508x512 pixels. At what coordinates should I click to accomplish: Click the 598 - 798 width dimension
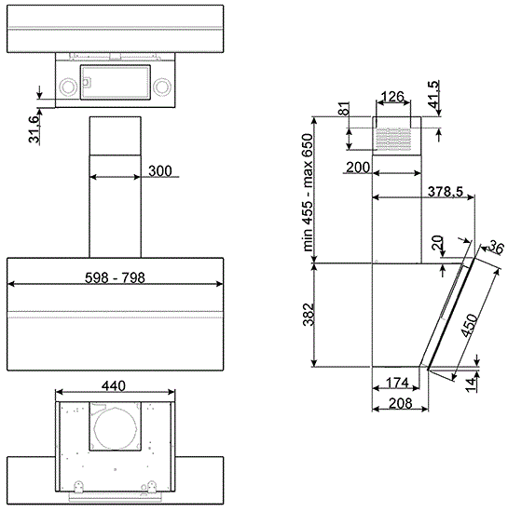(x=115, y=278)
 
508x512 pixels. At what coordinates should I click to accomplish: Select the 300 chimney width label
(x=159, y=171)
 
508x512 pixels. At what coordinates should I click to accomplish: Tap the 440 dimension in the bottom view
(x=114, y=386)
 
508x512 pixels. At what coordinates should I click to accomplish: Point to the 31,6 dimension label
(x=34, y=129)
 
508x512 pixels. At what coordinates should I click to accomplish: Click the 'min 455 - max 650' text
(x=308, y=193)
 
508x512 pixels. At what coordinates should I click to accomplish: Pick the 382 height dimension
(x=309, y=315)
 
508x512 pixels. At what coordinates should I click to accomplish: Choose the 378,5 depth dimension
(x=446, y=192)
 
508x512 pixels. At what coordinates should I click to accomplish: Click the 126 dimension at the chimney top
(x=392, y=96)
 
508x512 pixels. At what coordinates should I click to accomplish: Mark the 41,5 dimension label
(x=434, y=94)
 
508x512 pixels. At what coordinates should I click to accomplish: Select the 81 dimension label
(x=344, y=108)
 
